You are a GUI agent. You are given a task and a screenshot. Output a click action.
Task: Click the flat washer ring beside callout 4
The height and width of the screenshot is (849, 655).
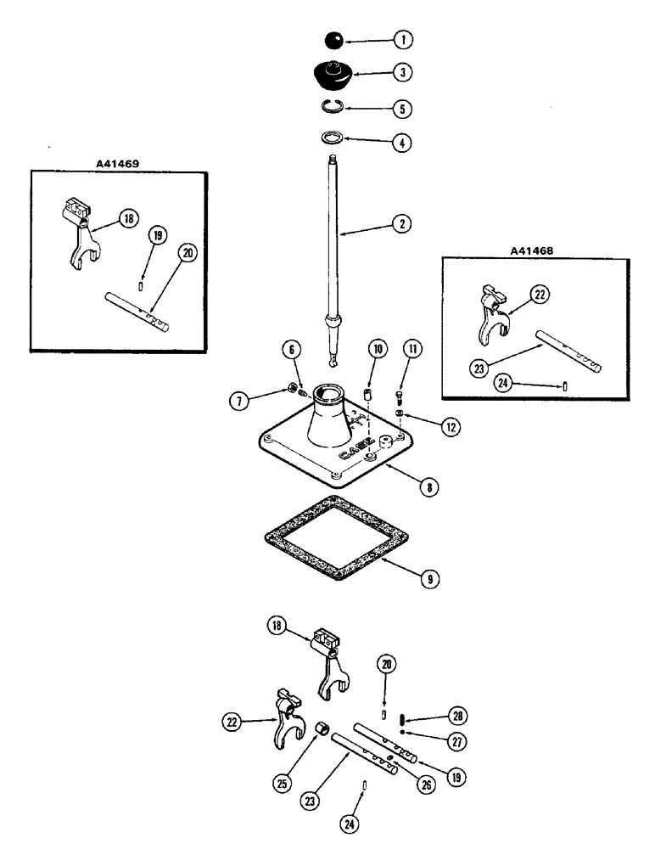point(335,138)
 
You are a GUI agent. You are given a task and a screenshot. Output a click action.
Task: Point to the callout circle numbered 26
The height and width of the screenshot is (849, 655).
point(425,785)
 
